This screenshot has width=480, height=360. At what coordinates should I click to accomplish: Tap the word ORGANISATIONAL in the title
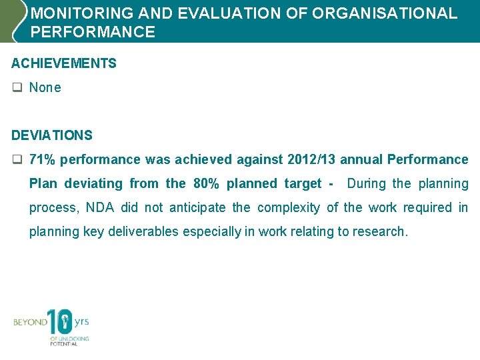coord(387,13)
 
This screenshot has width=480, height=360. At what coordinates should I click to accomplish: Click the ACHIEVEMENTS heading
coord(64,64)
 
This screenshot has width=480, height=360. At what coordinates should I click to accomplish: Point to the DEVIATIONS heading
coord(52,135)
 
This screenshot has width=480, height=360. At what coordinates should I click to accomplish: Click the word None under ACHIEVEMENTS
coord(45,88)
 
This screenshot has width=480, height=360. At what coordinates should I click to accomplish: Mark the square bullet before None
coord(17,88)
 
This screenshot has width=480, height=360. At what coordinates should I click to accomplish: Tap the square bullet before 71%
coord(17,160)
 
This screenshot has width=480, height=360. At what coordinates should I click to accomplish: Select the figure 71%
coord(42,160)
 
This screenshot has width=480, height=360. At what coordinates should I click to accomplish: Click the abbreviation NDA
coord(100,208)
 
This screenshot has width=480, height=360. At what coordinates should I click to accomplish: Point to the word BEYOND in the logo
coord(31,323)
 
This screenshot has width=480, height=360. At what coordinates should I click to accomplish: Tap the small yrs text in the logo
coord(81,321)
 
